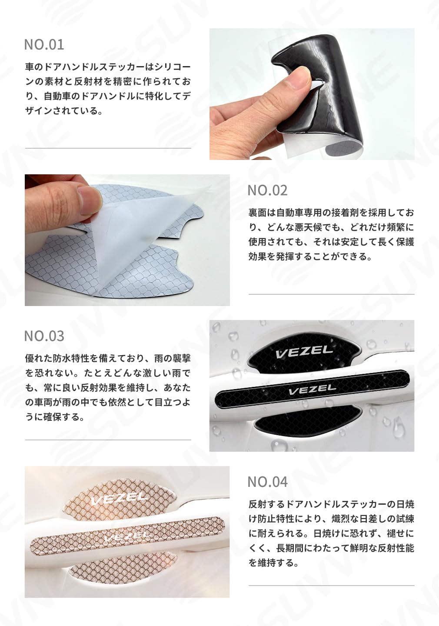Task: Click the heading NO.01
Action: [44, 44]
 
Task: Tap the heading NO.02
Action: [267, 190]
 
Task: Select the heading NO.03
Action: [44, 336]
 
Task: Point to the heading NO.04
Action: [267, 482]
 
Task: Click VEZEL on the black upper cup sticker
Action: [304, 352]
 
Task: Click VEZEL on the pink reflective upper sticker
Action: [119, 499]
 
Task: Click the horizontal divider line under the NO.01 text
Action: [108, 148]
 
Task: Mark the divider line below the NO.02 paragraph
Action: [331, 294]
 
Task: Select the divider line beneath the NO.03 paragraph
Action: [108, 440]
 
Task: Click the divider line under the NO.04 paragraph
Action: [331, 586]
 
